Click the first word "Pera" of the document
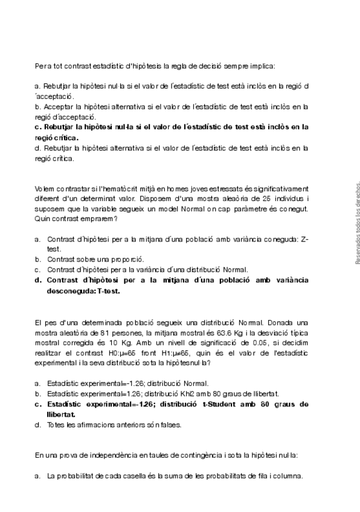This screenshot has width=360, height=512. [x=42, y=66]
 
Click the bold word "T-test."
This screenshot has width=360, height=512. [x=104, y=290]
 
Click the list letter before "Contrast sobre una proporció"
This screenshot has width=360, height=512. [x=37, y=259]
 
